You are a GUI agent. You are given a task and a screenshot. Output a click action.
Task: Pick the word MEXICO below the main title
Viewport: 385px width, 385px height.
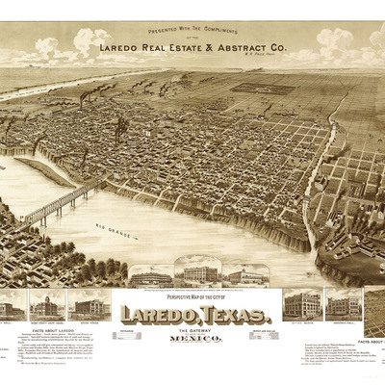point(196,339)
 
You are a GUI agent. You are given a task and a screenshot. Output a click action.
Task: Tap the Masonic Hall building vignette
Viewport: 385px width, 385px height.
point(343,304)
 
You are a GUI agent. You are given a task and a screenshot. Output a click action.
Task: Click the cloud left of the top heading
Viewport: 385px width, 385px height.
point(48,45)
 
